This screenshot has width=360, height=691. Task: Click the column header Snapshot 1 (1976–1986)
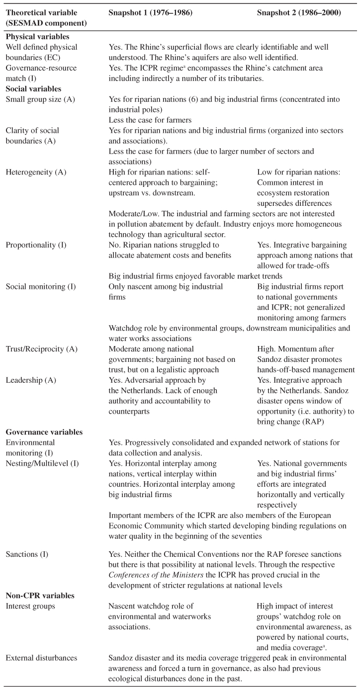coord(148,12)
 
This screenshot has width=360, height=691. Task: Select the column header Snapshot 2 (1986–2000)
coord(299,12)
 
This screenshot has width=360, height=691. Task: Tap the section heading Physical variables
coord(37,37)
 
